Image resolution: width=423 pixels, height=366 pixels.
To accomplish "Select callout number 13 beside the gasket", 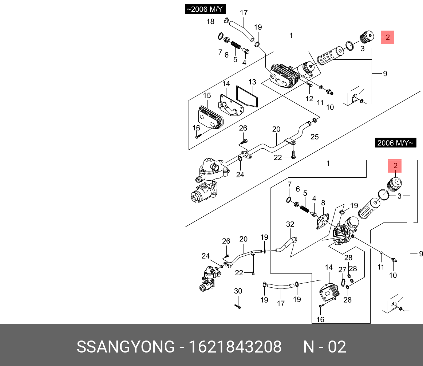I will click(x=253, y=82).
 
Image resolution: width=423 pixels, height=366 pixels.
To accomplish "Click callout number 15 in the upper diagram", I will click(x=207, y=96).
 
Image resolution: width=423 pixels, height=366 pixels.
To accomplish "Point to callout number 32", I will click(x=290, y=224).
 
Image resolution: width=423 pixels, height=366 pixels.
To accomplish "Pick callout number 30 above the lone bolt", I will click(x=238, y=291).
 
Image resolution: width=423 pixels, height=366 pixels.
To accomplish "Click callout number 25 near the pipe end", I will click(x=315, y=137).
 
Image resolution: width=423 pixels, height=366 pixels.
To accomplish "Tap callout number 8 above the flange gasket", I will click(x=323, y=203).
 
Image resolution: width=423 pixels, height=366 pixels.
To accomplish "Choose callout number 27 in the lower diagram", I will click(x=342, y=270).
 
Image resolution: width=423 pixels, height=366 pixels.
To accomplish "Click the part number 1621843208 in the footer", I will click(x=234, y=347).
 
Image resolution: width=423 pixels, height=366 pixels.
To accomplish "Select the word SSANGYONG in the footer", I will click(x=126, y=347).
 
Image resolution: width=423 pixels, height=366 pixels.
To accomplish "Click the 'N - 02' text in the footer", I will click(x=325, y=347).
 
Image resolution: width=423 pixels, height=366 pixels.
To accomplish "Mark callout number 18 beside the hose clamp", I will click(x=210, y=21).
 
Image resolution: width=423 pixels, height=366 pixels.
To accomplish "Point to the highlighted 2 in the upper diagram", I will click(x=388, y=37).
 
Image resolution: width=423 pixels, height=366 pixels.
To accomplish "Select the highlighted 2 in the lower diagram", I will click(x=395, y=167).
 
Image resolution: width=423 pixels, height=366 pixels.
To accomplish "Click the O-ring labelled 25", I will click(x=315, y=121).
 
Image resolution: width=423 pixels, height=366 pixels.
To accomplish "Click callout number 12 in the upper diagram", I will click(x=309, y=99).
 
